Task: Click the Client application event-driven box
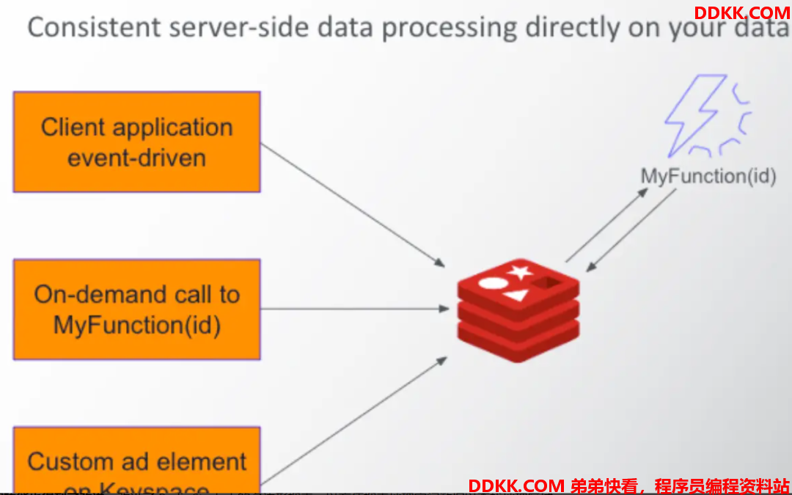click(136, 142)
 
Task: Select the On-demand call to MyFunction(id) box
click(136, 309)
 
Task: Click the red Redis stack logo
click(518, 311)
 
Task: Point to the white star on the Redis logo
click(521, 273)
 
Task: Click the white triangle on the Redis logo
click(516, 296)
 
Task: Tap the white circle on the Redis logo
click(492, 282)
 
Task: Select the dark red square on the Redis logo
click(546, 283)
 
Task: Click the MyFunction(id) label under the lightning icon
click(708, 177)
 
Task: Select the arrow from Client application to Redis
click(353, 205)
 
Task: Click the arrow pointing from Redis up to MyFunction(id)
click(606, 225)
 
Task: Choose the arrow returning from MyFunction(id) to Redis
click(631, 231)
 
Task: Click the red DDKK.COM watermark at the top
click(741, 13)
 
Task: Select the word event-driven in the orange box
click(136, 158)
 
